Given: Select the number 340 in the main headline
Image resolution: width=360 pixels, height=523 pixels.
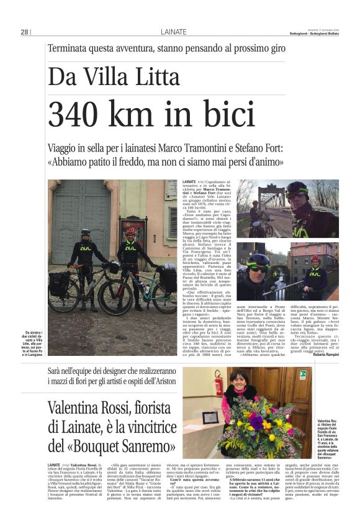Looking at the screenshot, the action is pyautogui.click(x=80, y=115).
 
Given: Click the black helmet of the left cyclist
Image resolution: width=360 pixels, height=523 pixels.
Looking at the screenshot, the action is pyautogui.click(x=85, y=232).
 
